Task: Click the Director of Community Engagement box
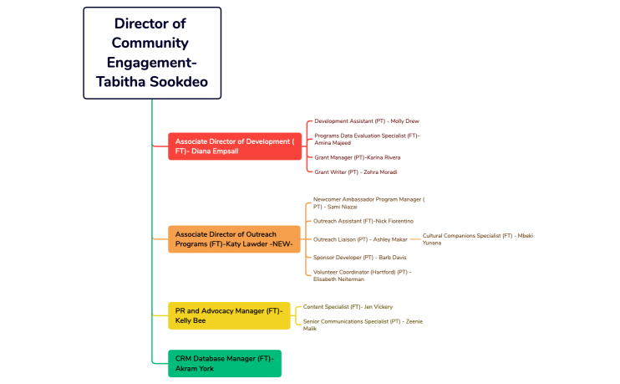152,53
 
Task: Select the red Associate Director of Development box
235,146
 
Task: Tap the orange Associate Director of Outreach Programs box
235,239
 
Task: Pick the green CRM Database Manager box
225,363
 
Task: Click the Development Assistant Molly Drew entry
366,121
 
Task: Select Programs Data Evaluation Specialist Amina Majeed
367,139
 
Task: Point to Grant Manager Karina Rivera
357,157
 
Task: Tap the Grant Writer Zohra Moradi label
355,172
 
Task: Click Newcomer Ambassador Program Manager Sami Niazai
368,202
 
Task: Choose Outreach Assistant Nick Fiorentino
363,221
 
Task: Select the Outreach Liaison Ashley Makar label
360,239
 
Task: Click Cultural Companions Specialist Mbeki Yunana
477,239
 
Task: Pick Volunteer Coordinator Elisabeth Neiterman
362,275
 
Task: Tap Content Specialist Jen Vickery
348,307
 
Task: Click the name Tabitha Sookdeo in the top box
152,81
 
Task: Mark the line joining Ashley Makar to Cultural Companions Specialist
415,239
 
